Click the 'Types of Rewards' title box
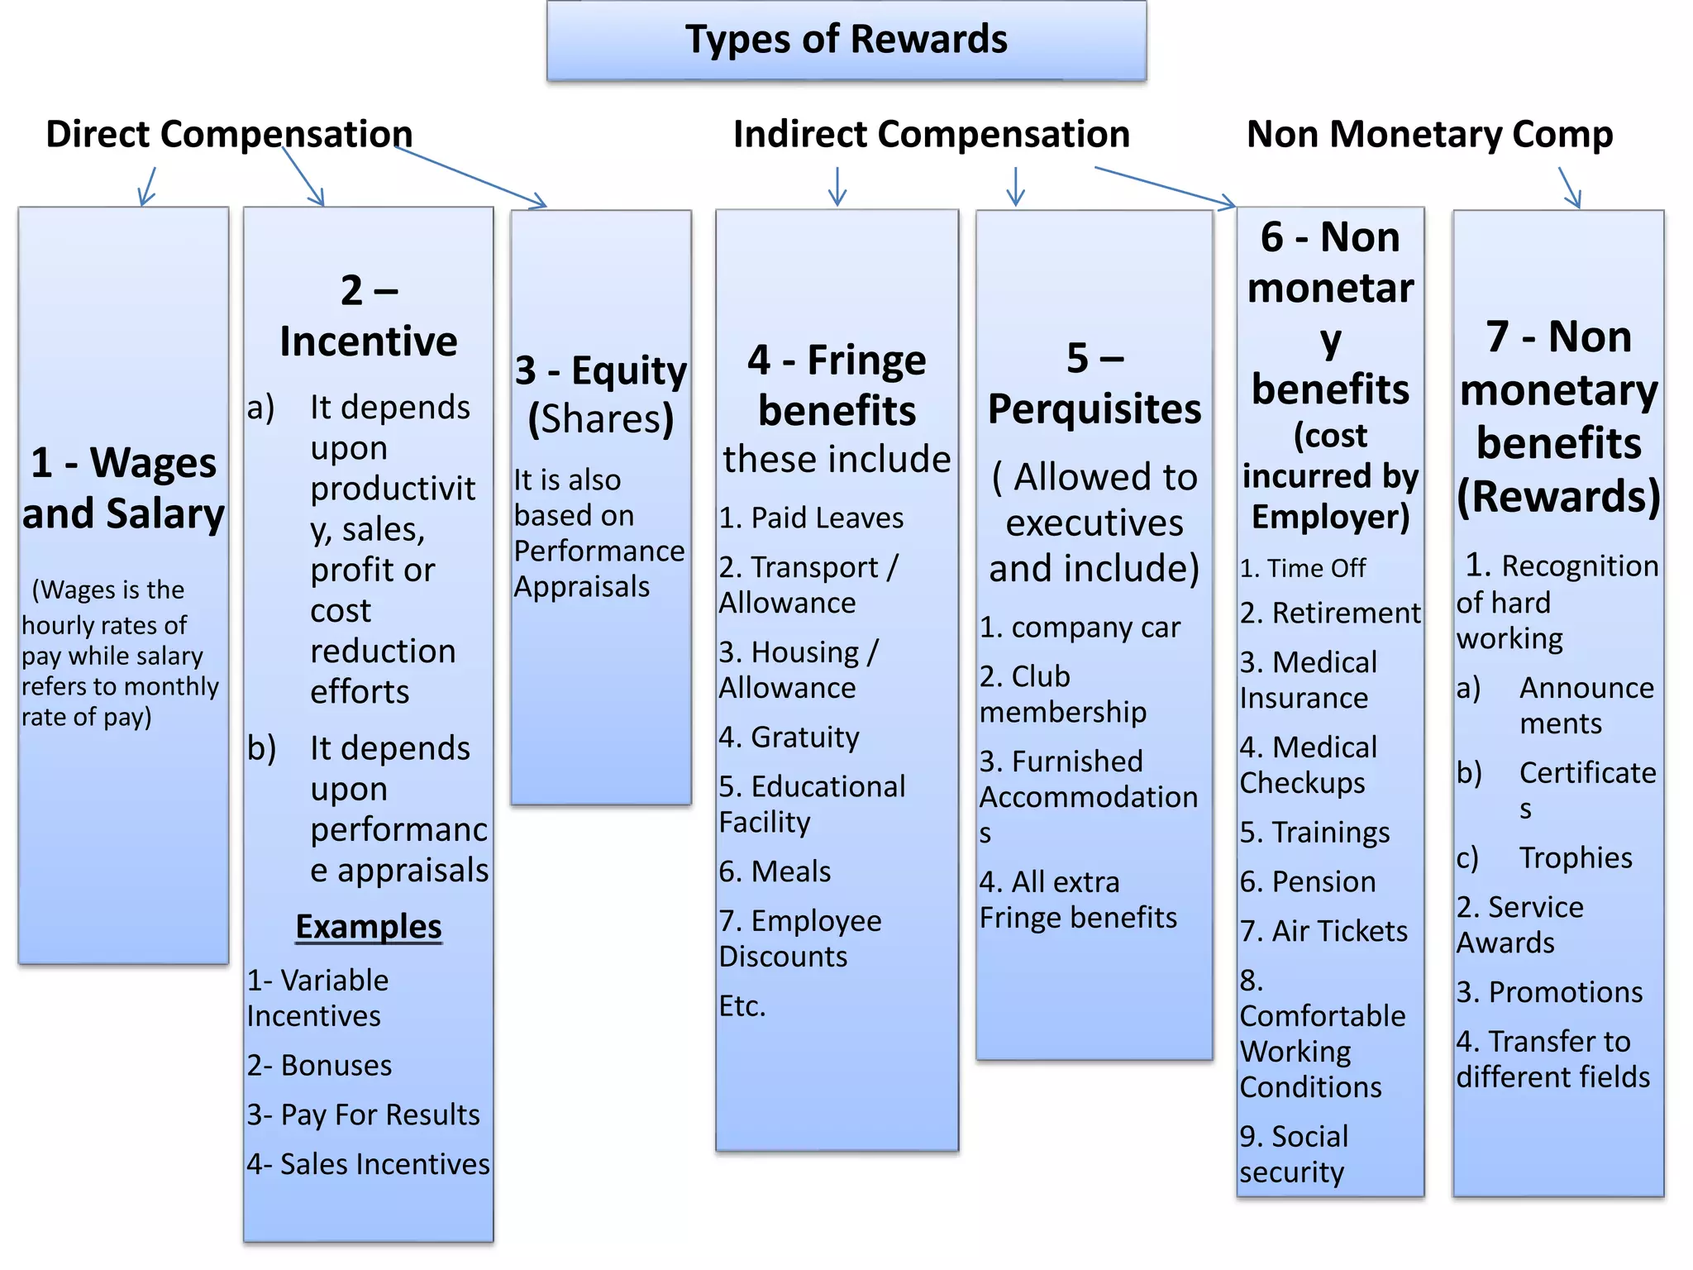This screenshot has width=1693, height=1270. click(846, 40)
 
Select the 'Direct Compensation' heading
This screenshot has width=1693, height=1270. click(229, 134)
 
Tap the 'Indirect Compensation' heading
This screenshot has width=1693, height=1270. click(931, 134)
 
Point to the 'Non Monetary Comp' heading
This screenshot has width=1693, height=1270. click(1429, 134)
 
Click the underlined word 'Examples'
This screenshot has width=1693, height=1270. click(369, 927)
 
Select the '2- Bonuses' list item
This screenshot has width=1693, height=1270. click(320, 1065)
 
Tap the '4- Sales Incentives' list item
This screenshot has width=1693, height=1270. click(369, 1164)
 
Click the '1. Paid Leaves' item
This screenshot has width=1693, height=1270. click(811, 518)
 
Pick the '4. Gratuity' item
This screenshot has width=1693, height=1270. click(789, 737)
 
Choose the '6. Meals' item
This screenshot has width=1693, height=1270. click(775, 871)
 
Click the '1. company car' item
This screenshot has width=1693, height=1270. click(1080, 628)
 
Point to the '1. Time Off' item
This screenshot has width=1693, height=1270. click(1303, 568)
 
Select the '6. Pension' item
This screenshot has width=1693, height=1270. click(1308, 881)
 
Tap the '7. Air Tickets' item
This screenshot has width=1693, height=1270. click(1323, 931)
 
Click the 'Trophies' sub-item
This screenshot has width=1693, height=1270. click(1576, 857)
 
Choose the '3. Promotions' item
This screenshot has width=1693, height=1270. click(1549, 991)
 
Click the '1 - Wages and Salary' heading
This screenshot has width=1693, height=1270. click(124, 488)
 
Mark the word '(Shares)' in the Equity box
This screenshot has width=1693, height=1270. click(601, 419)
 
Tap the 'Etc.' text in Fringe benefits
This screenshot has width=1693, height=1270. click(742, 1006)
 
